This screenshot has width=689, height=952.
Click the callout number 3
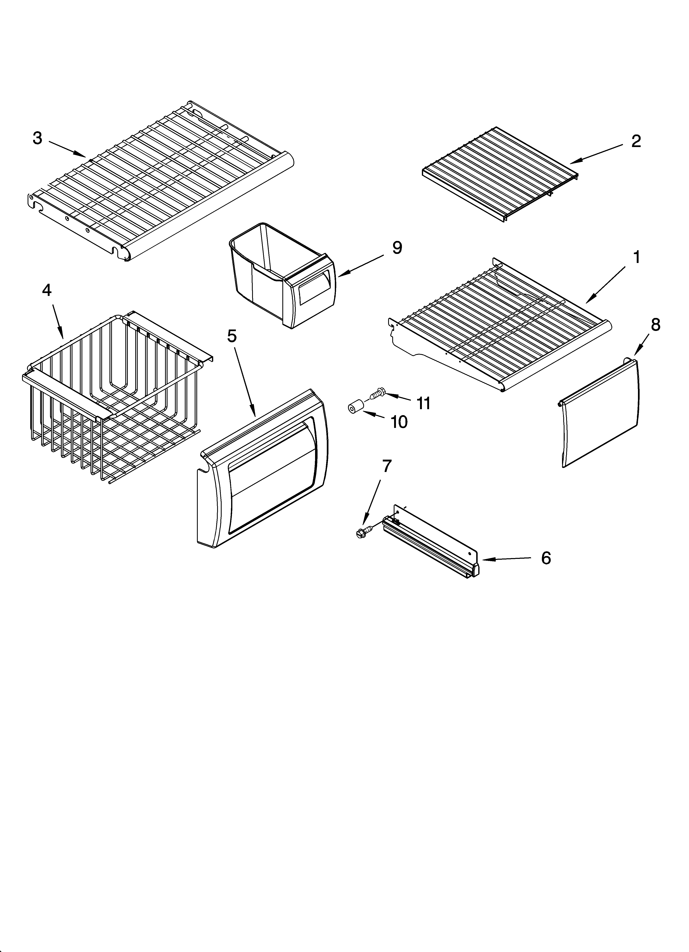click(x=38, y=138)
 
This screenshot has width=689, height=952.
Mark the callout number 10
click(x=399, y=422)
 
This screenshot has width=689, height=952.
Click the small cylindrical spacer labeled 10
click(x=355, y=407)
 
